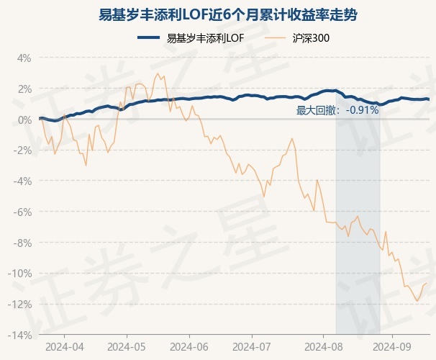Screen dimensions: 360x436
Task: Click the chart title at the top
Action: (218, 15)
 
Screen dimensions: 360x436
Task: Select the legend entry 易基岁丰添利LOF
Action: (202, 38)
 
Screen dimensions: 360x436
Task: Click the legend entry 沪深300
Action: (312, 38)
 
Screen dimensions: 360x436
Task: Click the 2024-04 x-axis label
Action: (64, 346)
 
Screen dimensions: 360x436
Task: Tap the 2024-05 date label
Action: (127, 346)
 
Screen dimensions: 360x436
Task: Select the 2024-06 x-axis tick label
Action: (189, 346)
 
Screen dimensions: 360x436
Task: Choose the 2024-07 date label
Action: (252, 346)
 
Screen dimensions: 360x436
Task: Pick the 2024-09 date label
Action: (392, 346)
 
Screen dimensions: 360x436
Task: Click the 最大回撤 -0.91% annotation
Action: (337, 110)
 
